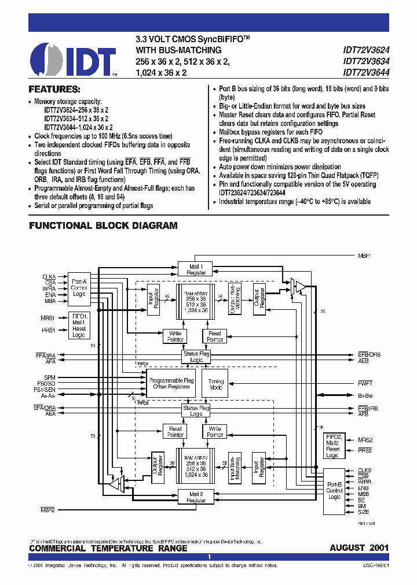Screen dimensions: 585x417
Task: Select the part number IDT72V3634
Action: tap(366, 61)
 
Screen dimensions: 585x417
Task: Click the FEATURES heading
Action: tap(54, 90)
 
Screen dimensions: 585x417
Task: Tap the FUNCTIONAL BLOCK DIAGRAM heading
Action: tap(103, 225)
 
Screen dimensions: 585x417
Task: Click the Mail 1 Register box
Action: tap(196, 269)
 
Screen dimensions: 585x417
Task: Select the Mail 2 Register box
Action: tap(196, 497)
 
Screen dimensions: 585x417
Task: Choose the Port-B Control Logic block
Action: tap(334, 490)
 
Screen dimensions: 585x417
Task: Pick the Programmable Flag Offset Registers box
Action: tap(171, 383)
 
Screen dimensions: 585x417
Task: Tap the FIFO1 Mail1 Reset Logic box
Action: tap(79, 325)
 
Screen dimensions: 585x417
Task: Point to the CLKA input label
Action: tap(49, 276)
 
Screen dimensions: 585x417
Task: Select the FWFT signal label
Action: tap(365, 383)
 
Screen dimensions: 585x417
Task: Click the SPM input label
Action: tap(50, 377)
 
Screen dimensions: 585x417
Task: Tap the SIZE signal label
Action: tap(364, 512)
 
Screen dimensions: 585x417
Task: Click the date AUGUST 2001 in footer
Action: tap(359, 548)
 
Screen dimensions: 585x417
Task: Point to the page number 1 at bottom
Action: tap(209, 557)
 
